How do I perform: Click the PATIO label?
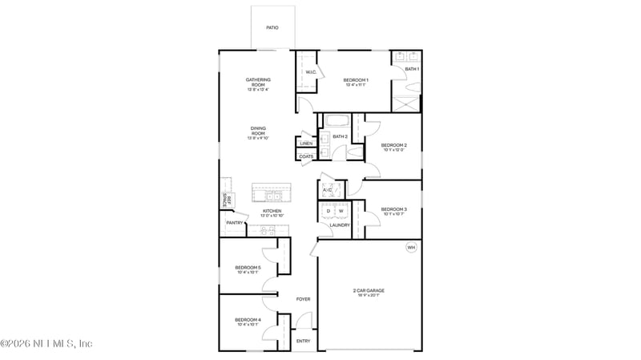[x=272, y=26]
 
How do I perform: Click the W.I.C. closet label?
[x=311, y=73]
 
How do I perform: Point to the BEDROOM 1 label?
[x=356, y=80]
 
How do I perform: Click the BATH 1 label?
[x=412, y=70]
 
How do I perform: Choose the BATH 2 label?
[x=340, y=136]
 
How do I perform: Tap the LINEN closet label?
[x=307, y=144]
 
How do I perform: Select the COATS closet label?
[x=307, y=156]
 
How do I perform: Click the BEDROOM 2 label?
[x=394, y=145]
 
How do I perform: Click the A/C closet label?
[x=327, y=190]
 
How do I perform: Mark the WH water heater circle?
[x=412, y=248]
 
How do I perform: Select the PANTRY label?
[x=235, y=223]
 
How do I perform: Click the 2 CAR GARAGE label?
[x=369, y=291]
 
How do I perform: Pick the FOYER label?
[x=303, y=299]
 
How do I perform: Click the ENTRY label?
[x=303, y=341]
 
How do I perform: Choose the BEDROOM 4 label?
[x=248, y=321]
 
